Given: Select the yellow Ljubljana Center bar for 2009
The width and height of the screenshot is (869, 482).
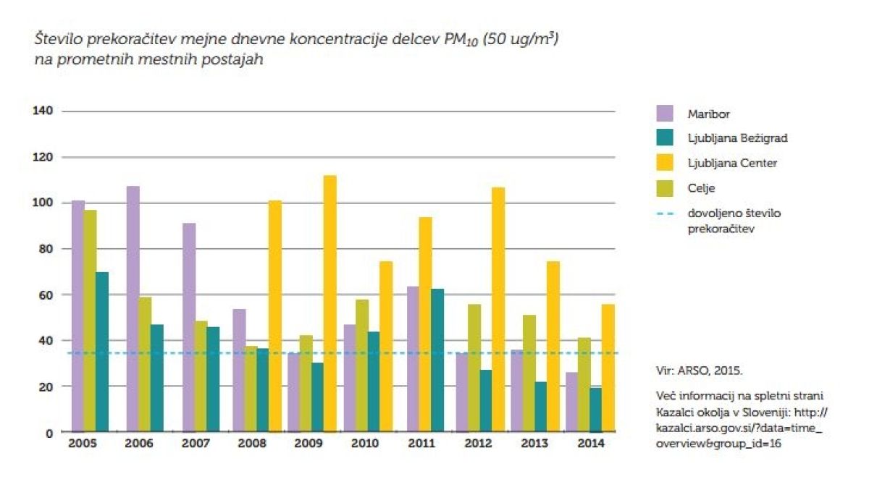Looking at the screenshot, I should [x=330, y=304].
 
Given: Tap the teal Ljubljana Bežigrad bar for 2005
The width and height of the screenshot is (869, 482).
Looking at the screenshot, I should [x=103, y=352].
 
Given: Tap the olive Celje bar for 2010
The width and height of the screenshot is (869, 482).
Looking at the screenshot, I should [x=362, y=365].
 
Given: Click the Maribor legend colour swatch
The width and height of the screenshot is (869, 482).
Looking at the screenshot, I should [x=666, y=113].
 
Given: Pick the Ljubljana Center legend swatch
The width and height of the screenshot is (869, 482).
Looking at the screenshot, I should [x=666, y=164].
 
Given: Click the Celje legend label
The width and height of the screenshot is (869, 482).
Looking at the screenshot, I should [x=700, y=189].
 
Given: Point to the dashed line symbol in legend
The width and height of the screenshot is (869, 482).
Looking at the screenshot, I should [x=666, y=214].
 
